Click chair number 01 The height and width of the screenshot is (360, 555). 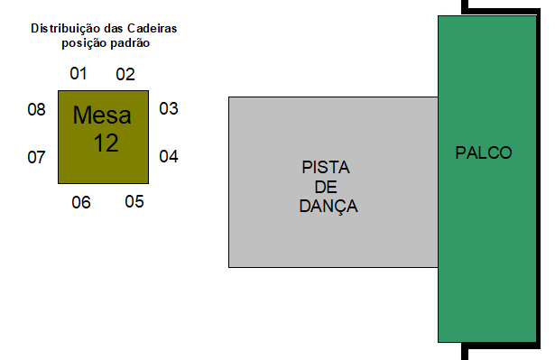coord(79,73)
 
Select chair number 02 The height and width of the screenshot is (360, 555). coord(125,74)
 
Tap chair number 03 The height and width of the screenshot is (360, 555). coord(169,109)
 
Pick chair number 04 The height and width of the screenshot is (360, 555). coord(169,156)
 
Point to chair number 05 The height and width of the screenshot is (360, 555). coord(134,201)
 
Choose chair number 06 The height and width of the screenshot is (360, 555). coord(81,202)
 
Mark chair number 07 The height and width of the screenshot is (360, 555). coord(36,157)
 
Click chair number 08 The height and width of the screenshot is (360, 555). coord(36,110)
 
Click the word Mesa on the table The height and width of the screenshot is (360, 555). coord(102,115)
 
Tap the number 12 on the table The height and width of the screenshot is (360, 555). coord(106,143)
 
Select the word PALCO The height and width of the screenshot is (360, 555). coord(484,153)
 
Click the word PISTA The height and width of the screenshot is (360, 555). coord(325,168)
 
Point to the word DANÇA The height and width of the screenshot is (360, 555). coord(328,207)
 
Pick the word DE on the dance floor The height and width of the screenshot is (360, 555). coord(325,187)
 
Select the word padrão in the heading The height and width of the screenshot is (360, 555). coord(129,42)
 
